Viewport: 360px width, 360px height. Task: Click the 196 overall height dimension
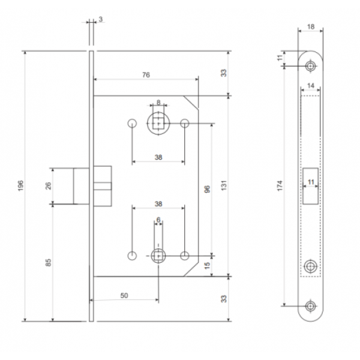[20, 186]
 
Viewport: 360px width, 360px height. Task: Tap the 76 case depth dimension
[146, 75]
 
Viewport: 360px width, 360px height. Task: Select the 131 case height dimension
[224, 185]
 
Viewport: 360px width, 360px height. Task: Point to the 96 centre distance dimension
[207, 189]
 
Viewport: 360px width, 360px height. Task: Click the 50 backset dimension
[124, 295]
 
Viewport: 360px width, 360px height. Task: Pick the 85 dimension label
[49, 262]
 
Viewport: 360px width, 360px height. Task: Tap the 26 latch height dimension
[49, 186]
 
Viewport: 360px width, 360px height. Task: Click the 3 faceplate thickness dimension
[101, 19]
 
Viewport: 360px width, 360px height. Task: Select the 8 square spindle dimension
[158, 102]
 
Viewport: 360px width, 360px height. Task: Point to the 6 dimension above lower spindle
[158, 220]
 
